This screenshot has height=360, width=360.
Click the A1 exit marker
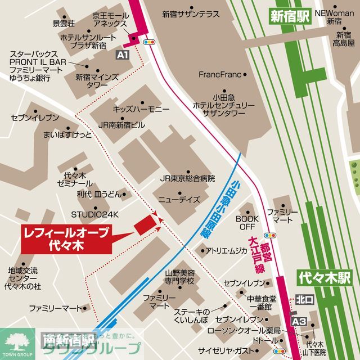pos(122,55)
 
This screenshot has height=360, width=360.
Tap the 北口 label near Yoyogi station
pos(304,299)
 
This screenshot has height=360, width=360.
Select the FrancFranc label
pos(219,74)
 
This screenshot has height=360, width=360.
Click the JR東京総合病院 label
pos(187,178)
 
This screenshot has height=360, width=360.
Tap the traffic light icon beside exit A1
pos(150,42)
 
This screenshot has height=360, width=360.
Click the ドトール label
pos(264,341)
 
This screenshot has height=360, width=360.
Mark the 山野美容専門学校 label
pos(179,276)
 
